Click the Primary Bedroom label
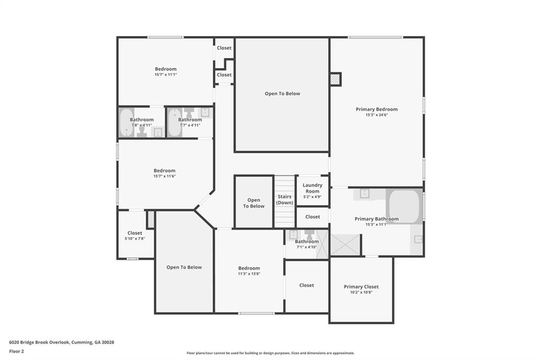pos(376,109)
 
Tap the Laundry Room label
pos(312,188)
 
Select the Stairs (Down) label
pos(285,200)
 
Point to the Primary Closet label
pos(361,287)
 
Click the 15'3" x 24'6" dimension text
pos(376,115)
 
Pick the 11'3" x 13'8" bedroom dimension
pos(249,274)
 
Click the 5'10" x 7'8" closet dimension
pos(135,239)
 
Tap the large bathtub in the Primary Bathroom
pos(405,206)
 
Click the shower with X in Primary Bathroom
pos(346,245)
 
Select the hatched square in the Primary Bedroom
pos(335,79)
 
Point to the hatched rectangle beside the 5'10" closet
pos(151,219)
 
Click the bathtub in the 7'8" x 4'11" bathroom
pos(126,123)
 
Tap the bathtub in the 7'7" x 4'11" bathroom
pos(174,123)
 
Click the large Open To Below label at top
pos(282,93)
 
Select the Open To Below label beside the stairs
pos(254,203)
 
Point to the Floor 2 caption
pos(16,352)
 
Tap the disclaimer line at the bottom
pos(270,353)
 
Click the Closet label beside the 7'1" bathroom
pos(306,285)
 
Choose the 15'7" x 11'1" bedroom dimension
pos(165,74)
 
